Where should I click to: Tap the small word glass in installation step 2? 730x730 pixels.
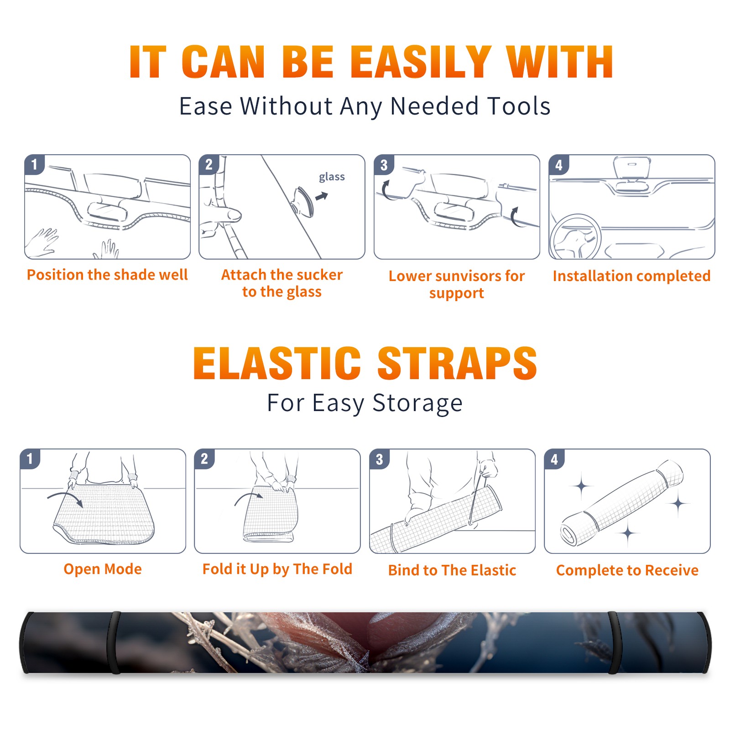[332, 177]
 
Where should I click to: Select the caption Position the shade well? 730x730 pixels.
[107, 275]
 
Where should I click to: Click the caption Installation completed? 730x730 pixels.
[631, 276]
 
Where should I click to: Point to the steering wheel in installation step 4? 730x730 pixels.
[575, 237]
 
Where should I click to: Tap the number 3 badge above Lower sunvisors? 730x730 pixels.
[384, 165]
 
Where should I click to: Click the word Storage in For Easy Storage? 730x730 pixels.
[417, 403]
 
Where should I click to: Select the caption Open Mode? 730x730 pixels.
[103, 569]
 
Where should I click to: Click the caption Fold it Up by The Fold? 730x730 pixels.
[277, 569]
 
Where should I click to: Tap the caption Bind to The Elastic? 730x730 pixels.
[452, 570]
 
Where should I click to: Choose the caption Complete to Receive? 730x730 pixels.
[627, 570]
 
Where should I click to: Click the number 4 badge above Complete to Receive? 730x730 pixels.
[554, 459]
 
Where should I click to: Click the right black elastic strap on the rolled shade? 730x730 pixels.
[614, 643]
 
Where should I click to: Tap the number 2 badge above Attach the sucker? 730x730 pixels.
[209, 165]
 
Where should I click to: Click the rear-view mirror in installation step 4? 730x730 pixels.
[632, 168]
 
